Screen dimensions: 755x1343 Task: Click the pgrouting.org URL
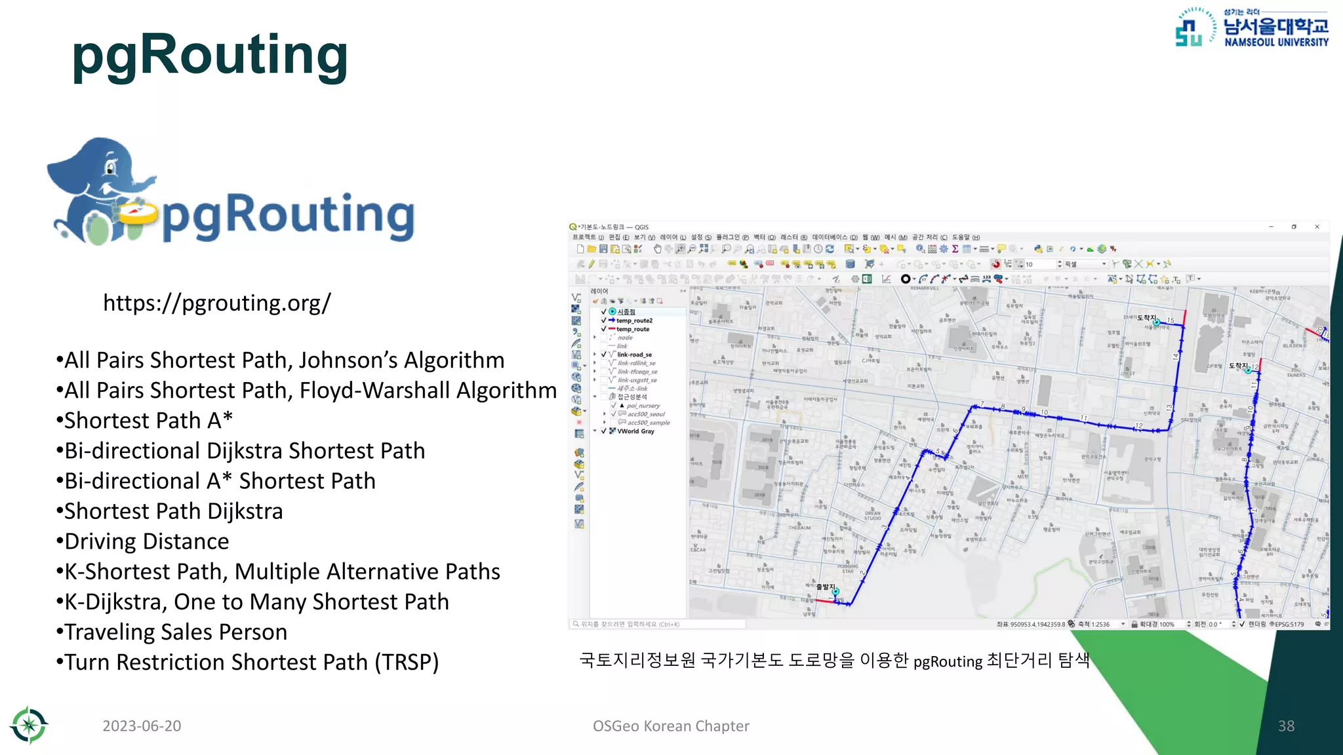tap(217, 303)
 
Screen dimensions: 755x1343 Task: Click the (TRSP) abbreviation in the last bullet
tap(407, 663)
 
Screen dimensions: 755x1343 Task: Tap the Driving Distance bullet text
tap(146, 542)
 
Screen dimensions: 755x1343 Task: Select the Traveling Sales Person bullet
tap(176, 632)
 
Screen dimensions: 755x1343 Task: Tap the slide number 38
tap(1286, 726)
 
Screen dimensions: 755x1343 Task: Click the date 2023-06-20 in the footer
tap(142, 726)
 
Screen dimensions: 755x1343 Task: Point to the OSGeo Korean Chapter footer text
tap(671, 726)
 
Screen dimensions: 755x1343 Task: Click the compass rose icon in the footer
tap(29, 726)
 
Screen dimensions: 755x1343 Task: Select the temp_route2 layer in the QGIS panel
tap(634, 320)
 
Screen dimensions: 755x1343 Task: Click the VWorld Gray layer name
tap(635, 431)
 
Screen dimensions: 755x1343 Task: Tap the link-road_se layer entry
tap(634, 355)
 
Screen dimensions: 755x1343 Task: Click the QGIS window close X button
tap(1317, 227)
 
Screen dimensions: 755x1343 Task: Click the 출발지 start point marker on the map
tap(835, 592)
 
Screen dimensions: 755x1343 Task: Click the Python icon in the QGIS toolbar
tap(1038, 249)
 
